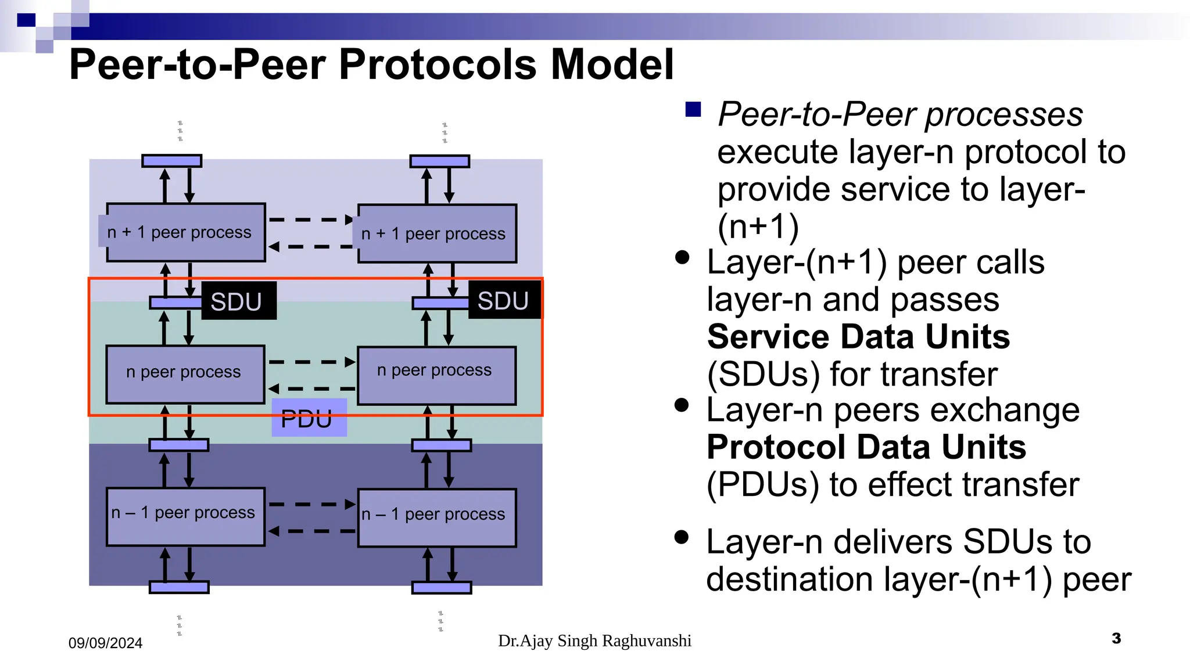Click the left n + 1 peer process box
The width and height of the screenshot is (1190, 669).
pyautogui.click(x=186, y=232)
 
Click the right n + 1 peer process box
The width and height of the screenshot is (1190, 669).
pyautogui.click(x=437, y=233)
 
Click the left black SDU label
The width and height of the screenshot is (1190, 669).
pyautogui.click(x=238, y=301)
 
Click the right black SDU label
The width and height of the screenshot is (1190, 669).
pyautogui.click(x=503, y=300)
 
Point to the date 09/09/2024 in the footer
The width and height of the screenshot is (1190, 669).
pyautogui.click(x=105, y=643)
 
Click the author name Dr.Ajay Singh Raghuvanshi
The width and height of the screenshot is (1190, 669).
pyautogui.click(x=594, y=641)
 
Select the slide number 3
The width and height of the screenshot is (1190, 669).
pyautogui.click(x=1116, y=638)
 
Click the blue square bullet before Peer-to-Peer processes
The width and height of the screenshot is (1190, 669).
pyautogui.click(x=693, y=109)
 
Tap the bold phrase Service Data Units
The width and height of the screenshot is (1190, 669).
pyautogui.click(x=858, y=337)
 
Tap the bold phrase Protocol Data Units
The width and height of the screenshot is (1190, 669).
pyautogui.click(x=866, y=447)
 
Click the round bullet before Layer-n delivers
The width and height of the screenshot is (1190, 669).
pyautogui.click(x=682, y=537)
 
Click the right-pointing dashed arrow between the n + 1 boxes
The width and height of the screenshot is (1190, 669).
pyautogui.click(x=311, y=220)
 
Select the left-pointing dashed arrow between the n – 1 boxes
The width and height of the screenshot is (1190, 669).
pyautogui.click(x=311, y=531)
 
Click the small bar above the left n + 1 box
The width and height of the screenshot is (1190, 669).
pyautogui.click(x=172, y=161)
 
